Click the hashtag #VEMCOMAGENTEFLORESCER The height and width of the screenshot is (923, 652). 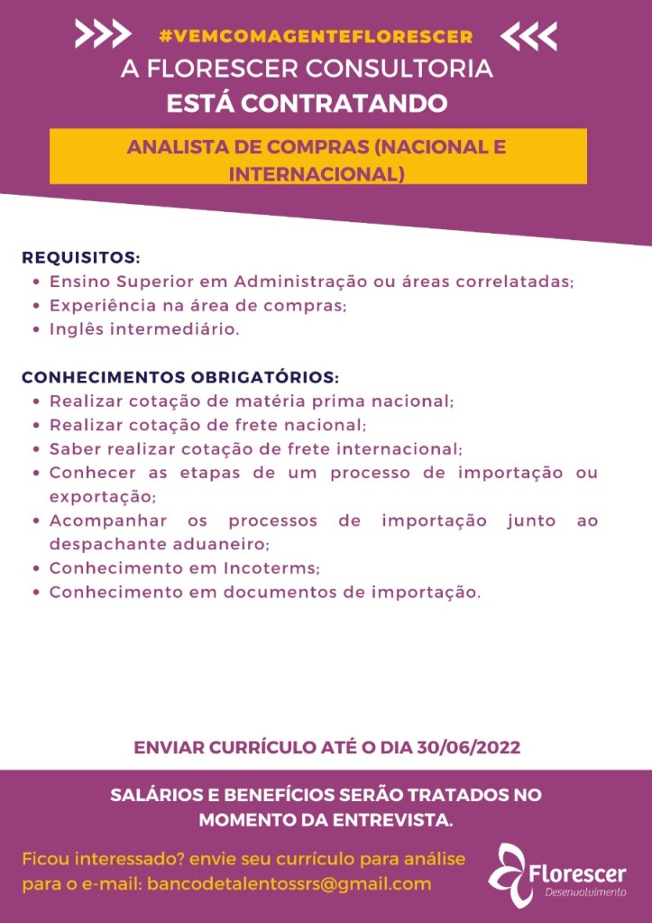[316, 36]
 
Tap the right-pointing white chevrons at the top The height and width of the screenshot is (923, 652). [102, 34]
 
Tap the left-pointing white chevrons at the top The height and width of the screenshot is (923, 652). [528, 35]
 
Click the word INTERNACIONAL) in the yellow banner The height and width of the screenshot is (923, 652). [317, 171]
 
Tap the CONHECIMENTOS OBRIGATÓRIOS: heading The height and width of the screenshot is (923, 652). [180, 376]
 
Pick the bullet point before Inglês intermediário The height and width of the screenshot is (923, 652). [34, 329]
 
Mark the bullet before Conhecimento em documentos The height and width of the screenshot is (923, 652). [34, 593]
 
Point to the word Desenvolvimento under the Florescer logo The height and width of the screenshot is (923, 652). [585, 893]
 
